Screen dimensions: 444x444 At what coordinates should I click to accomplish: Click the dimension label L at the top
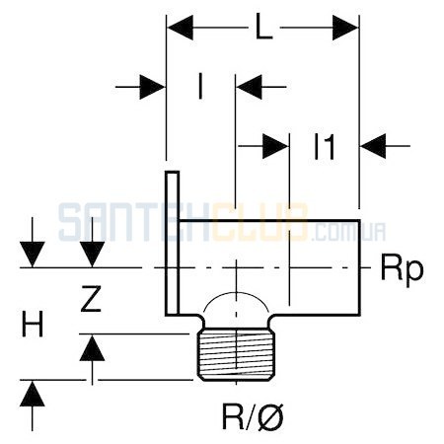264,28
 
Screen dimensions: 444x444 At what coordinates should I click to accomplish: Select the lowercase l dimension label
200,87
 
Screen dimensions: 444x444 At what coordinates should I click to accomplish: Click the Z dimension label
91,299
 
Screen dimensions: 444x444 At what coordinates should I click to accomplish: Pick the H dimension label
33,325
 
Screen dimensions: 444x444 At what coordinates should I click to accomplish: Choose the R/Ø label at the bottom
253,416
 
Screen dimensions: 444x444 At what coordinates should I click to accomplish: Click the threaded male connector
236,354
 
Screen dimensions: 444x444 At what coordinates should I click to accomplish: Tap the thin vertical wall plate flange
172,244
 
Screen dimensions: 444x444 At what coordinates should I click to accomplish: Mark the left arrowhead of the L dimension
180,28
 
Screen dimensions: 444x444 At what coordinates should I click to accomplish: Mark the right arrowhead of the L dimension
345,28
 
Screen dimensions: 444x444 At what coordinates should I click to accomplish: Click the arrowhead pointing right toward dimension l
152,87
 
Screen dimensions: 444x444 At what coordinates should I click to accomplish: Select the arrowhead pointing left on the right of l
249,87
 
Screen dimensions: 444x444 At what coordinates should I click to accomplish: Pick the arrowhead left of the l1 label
275,146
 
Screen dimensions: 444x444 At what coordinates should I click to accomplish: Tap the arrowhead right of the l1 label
373,146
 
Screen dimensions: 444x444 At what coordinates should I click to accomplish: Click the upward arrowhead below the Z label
92,348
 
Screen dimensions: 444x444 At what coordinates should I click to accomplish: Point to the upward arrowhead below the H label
33,394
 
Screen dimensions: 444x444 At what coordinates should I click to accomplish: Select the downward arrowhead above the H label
33,255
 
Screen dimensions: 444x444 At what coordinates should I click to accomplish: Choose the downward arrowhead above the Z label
92,255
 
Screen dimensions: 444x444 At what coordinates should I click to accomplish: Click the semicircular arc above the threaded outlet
236,292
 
